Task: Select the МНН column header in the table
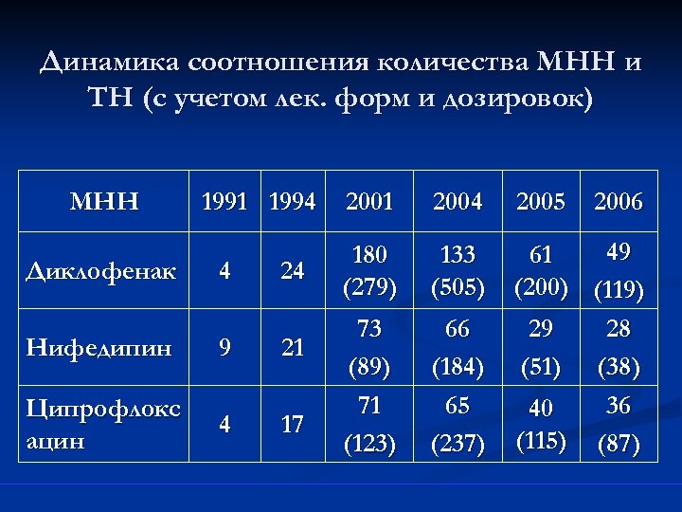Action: (105, 202)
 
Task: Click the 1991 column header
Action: (224, 202)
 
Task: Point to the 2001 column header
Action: (370, 202)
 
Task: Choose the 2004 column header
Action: (458, 202)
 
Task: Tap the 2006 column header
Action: (619, 202)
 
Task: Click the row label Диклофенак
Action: (101, 271)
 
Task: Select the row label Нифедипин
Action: (99, 348)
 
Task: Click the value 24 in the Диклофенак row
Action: (293, 271)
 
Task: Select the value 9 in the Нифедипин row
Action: (224, 348)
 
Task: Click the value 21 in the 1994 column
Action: (293, 348)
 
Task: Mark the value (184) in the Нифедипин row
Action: (458, 365)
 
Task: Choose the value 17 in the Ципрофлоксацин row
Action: (293, 425)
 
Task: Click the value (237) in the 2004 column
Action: (458, 443)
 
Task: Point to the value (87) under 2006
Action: (619, 443)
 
